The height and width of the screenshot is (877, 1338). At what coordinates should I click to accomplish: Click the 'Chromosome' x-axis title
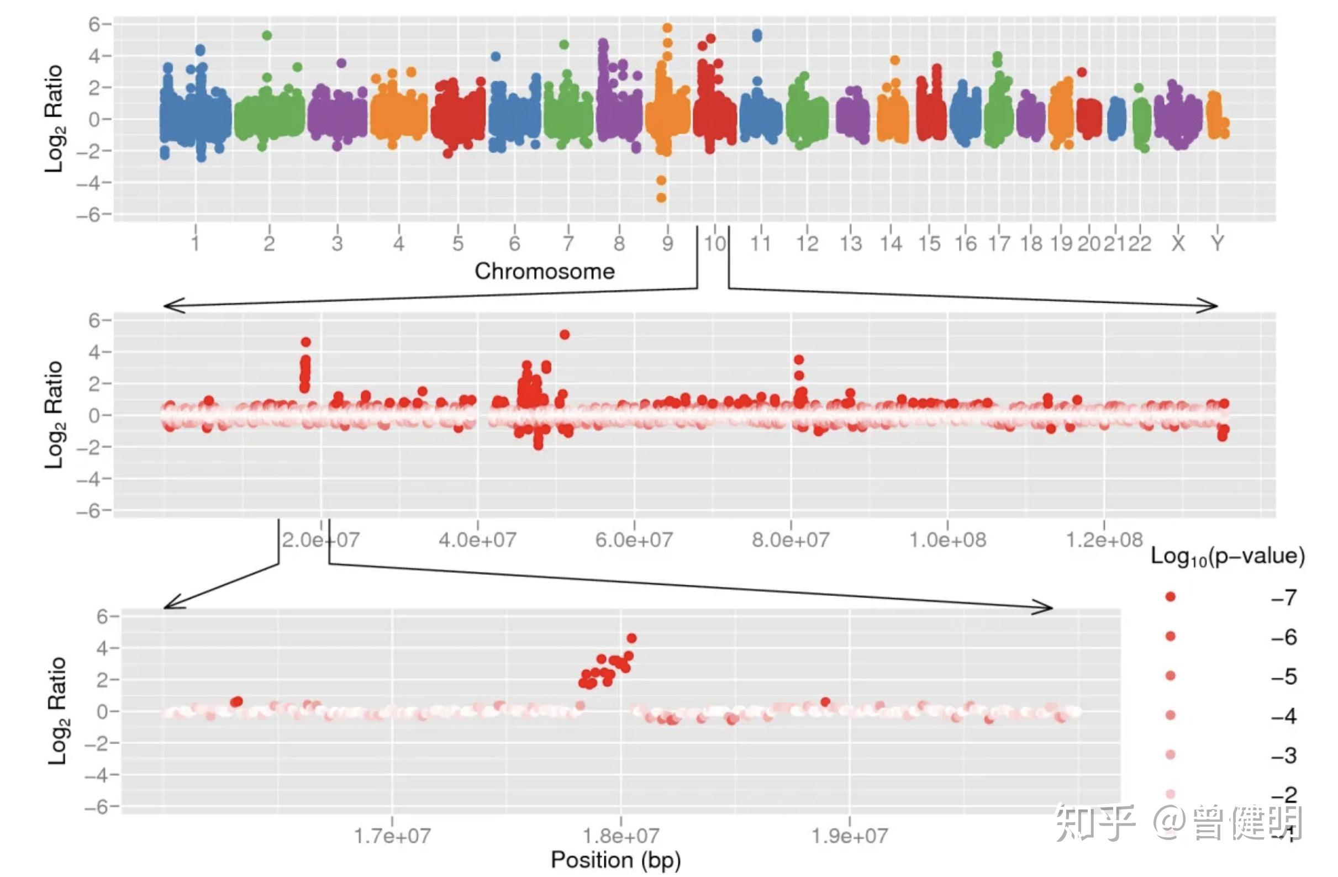(x=544, y=272)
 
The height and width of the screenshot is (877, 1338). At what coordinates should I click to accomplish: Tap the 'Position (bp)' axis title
(x=615, y=860)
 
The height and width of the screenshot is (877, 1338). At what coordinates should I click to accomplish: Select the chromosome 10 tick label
(x=715, y=244)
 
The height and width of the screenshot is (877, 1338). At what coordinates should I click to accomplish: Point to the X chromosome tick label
(x=1178, y=244)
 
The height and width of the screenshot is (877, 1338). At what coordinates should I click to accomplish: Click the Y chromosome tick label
(x=1217, y=244)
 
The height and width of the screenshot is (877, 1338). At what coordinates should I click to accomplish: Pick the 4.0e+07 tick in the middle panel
(x=477, y=540)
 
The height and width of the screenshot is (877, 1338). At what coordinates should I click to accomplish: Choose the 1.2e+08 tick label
(x=1104, y=540)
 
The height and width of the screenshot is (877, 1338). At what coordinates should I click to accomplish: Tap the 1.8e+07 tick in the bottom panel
(x=620, y=836)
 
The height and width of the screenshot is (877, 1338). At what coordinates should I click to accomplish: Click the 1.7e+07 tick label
(x=392, y=836)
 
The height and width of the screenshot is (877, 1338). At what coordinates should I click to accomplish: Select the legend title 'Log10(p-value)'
(x=1228, y=557)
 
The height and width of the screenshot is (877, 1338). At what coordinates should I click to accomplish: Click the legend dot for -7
(x=1171, y=596)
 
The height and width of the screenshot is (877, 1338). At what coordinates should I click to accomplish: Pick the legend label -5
(x=1284, y=677)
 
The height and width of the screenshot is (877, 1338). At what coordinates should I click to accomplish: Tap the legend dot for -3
(x=1171, y=754)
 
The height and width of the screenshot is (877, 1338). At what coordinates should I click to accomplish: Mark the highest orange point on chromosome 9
(x=667, y=28)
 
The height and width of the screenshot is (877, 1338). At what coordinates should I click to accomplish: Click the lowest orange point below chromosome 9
(x=662, y=198)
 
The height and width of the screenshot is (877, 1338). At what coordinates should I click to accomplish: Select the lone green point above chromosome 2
(x=267, y=35)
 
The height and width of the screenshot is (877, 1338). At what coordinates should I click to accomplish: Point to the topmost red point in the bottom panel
(x=631, y=638)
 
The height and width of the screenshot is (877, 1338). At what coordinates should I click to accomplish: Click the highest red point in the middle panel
(x=565, y=335)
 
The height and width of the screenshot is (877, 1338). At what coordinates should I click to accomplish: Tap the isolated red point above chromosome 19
(x=1082, y=72)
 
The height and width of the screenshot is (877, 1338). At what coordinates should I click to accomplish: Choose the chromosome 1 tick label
(x=195, y=244)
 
